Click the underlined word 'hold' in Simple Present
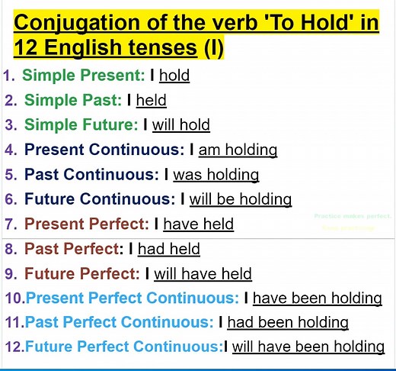click(x=174, y=76)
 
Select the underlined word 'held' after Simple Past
click(x=151, y=100)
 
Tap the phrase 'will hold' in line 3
click(x=180, y=124)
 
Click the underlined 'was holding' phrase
click(x=216, y=174)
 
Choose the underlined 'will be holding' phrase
click(x=241, y=199)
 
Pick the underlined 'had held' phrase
click(x=170, y=249)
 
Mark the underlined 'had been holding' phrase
click(x=288, y=322)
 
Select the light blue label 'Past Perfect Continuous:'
click(x=120, y=322)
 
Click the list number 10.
click(x=14, y=298)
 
